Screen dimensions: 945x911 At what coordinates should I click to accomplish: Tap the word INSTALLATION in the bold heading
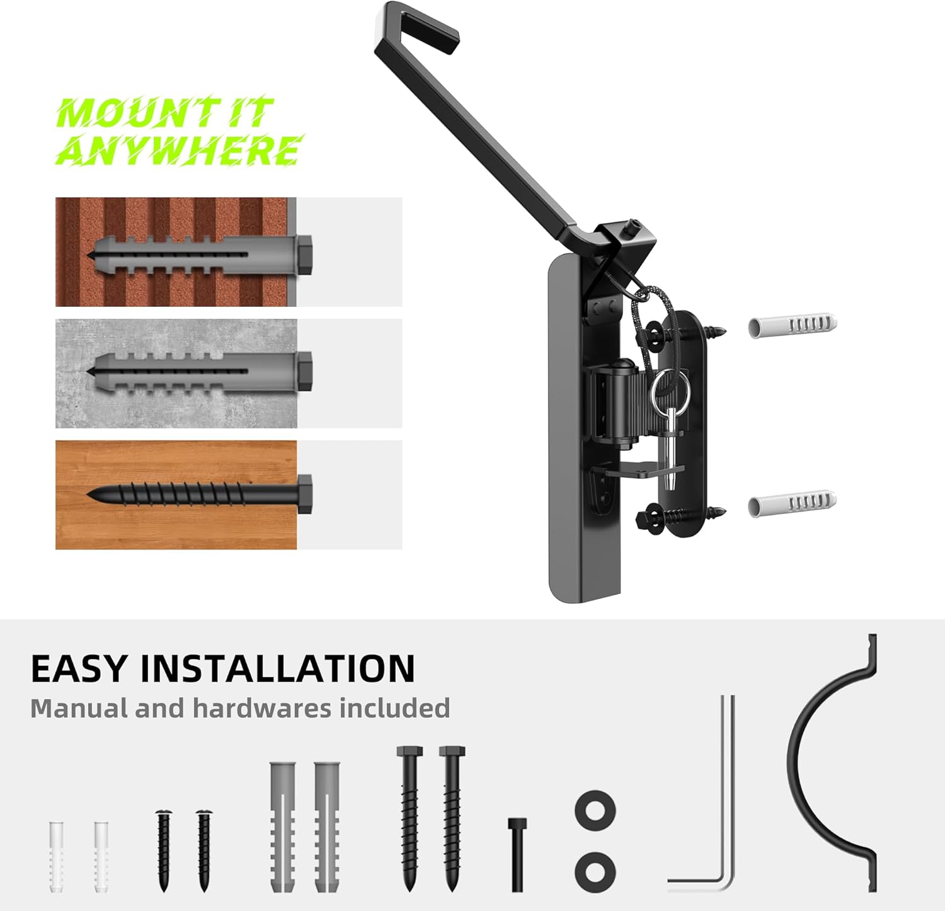click(x=277, y=668)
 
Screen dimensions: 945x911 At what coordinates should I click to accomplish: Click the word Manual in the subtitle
click(x=79, y=708)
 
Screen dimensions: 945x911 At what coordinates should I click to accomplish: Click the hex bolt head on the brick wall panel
click(x=304, y=256)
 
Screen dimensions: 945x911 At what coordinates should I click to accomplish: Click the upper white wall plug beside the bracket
click(x=793, y=325)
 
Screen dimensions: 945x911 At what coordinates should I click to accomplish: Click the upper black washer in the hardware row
click(x=595, y=811)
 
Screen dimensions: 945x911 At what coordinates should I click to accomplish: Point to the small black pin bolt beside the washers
click(x=517, y=854)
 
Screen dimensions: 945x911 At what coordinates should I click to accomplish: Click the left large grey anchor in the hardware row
click(x=282, y=827)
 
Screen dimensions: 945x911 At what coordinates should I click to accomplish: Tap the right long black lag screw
click(x=452, y=819)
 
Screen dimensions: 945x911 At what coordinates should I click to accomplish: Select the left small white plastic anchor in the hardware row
click(x=57, y=857)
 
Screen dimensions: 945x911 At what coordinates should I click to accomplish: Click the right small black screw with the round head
click(x=203, y=851)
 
